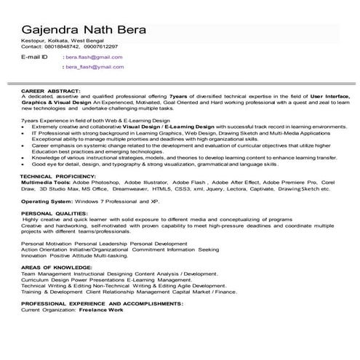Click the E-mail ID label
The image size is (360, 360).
click(x=35, y=56)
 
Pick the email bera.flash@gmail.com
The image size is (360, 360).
click(x=94, y=56)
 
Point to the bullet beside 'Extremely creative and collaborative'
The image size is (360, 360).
click(x=25, y=126)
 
